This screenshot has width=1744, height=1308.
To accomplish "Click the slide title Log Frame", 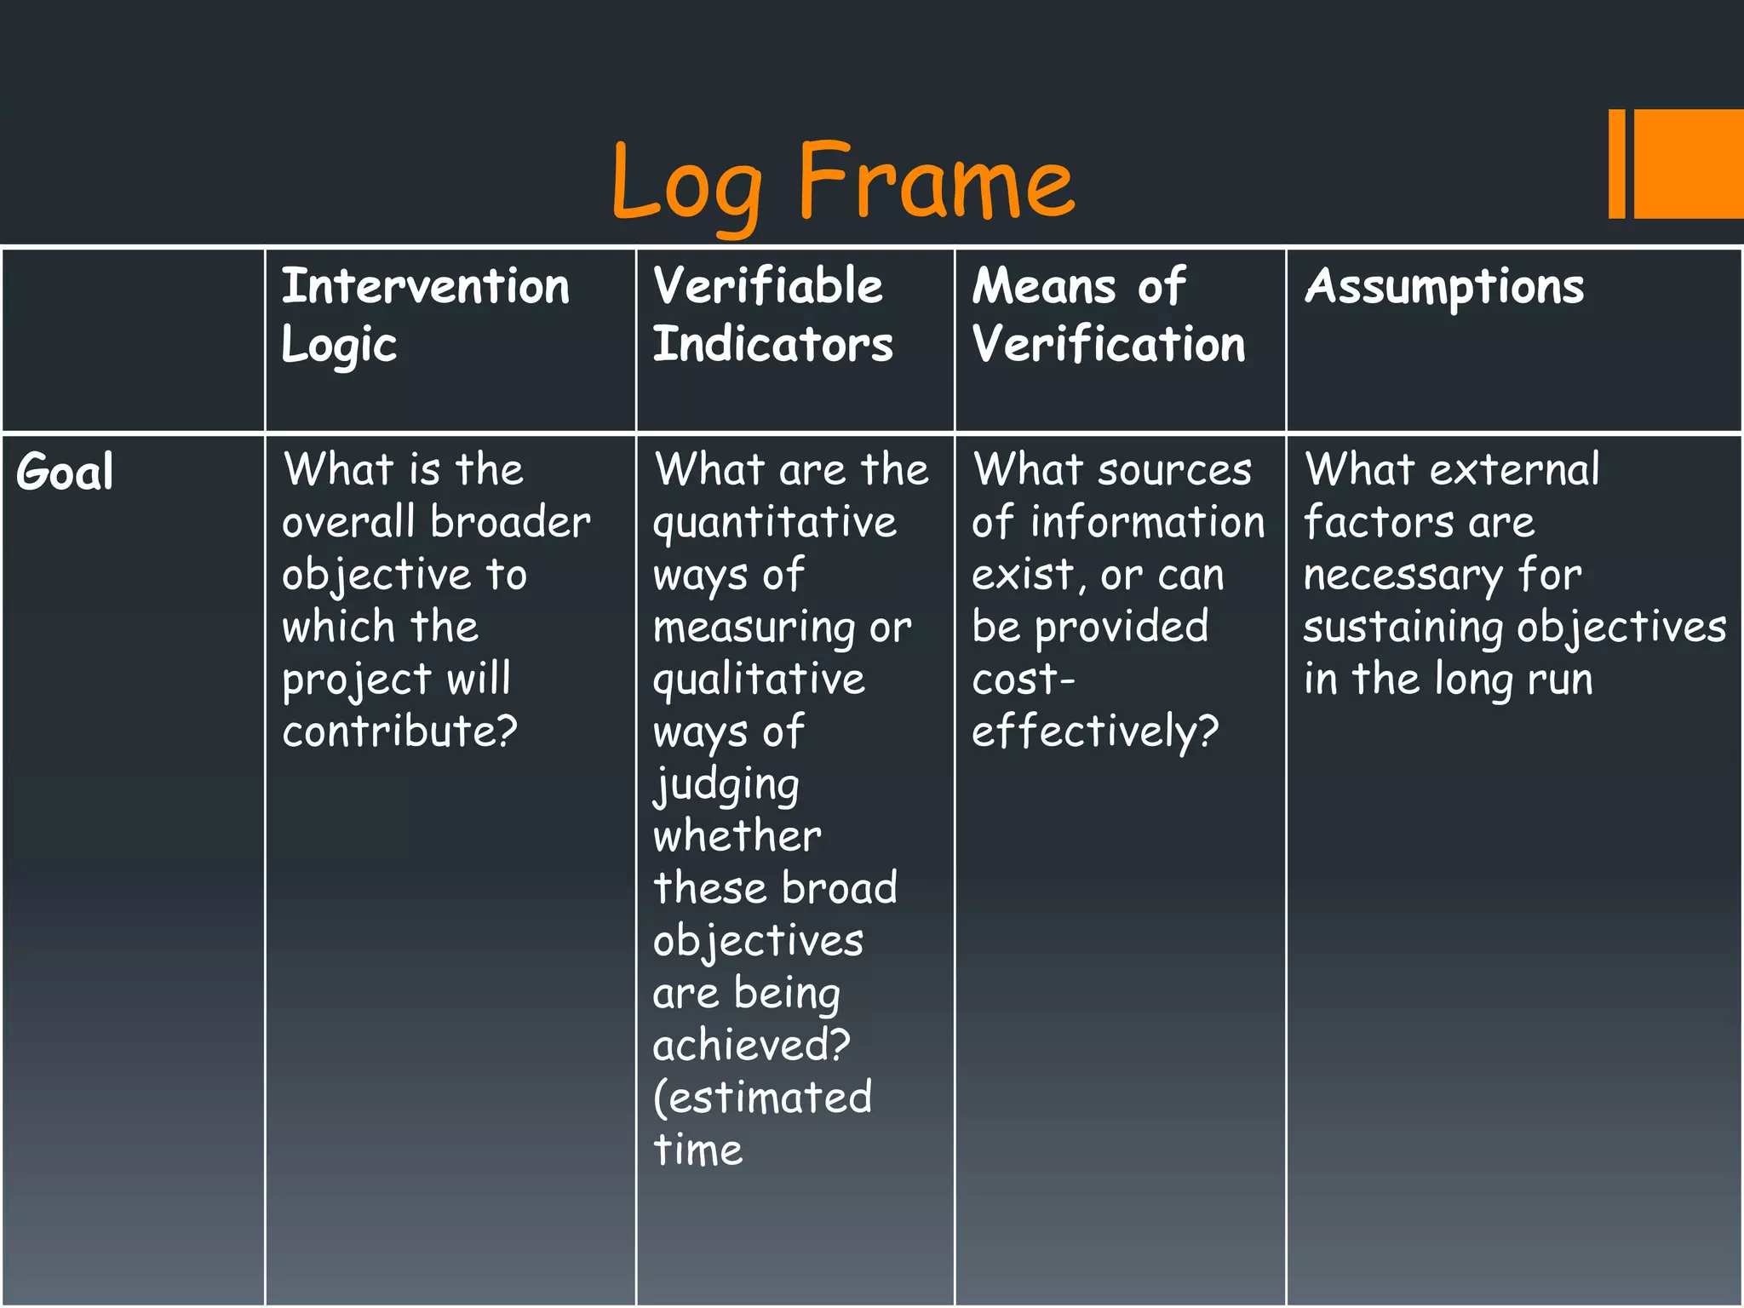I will point(843,183).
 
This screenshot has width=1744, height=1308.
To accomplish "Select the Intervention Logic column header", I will point(425,315).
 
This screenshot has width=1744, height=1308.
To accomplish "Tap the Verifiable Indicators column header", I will point(772,315).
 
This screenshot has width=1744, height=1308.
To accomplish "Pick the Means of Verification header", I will point(1108,315).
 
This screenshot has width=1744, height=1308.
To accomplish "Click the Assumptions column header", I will point(1444,287).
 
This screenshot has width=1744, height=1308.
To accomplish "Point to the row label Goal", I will point(65,472).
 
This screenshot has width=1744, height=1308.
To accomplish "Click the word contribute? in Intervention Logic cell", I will point(399,731).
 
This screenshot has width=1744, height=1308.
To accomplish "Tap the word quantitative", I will point(774,524).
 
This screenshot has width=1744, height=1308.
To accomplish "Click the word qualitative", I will point(759,680).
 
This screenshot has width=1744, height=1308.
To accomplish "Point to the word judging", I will point(726,785).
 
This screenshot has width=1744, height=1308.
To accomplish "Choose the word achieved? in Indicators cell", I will point(751,1046).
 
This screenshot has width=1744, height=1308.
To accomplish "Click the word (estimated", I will point(762,1098).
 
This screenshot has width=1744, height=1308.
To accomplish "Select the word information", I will point(1147,522).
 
